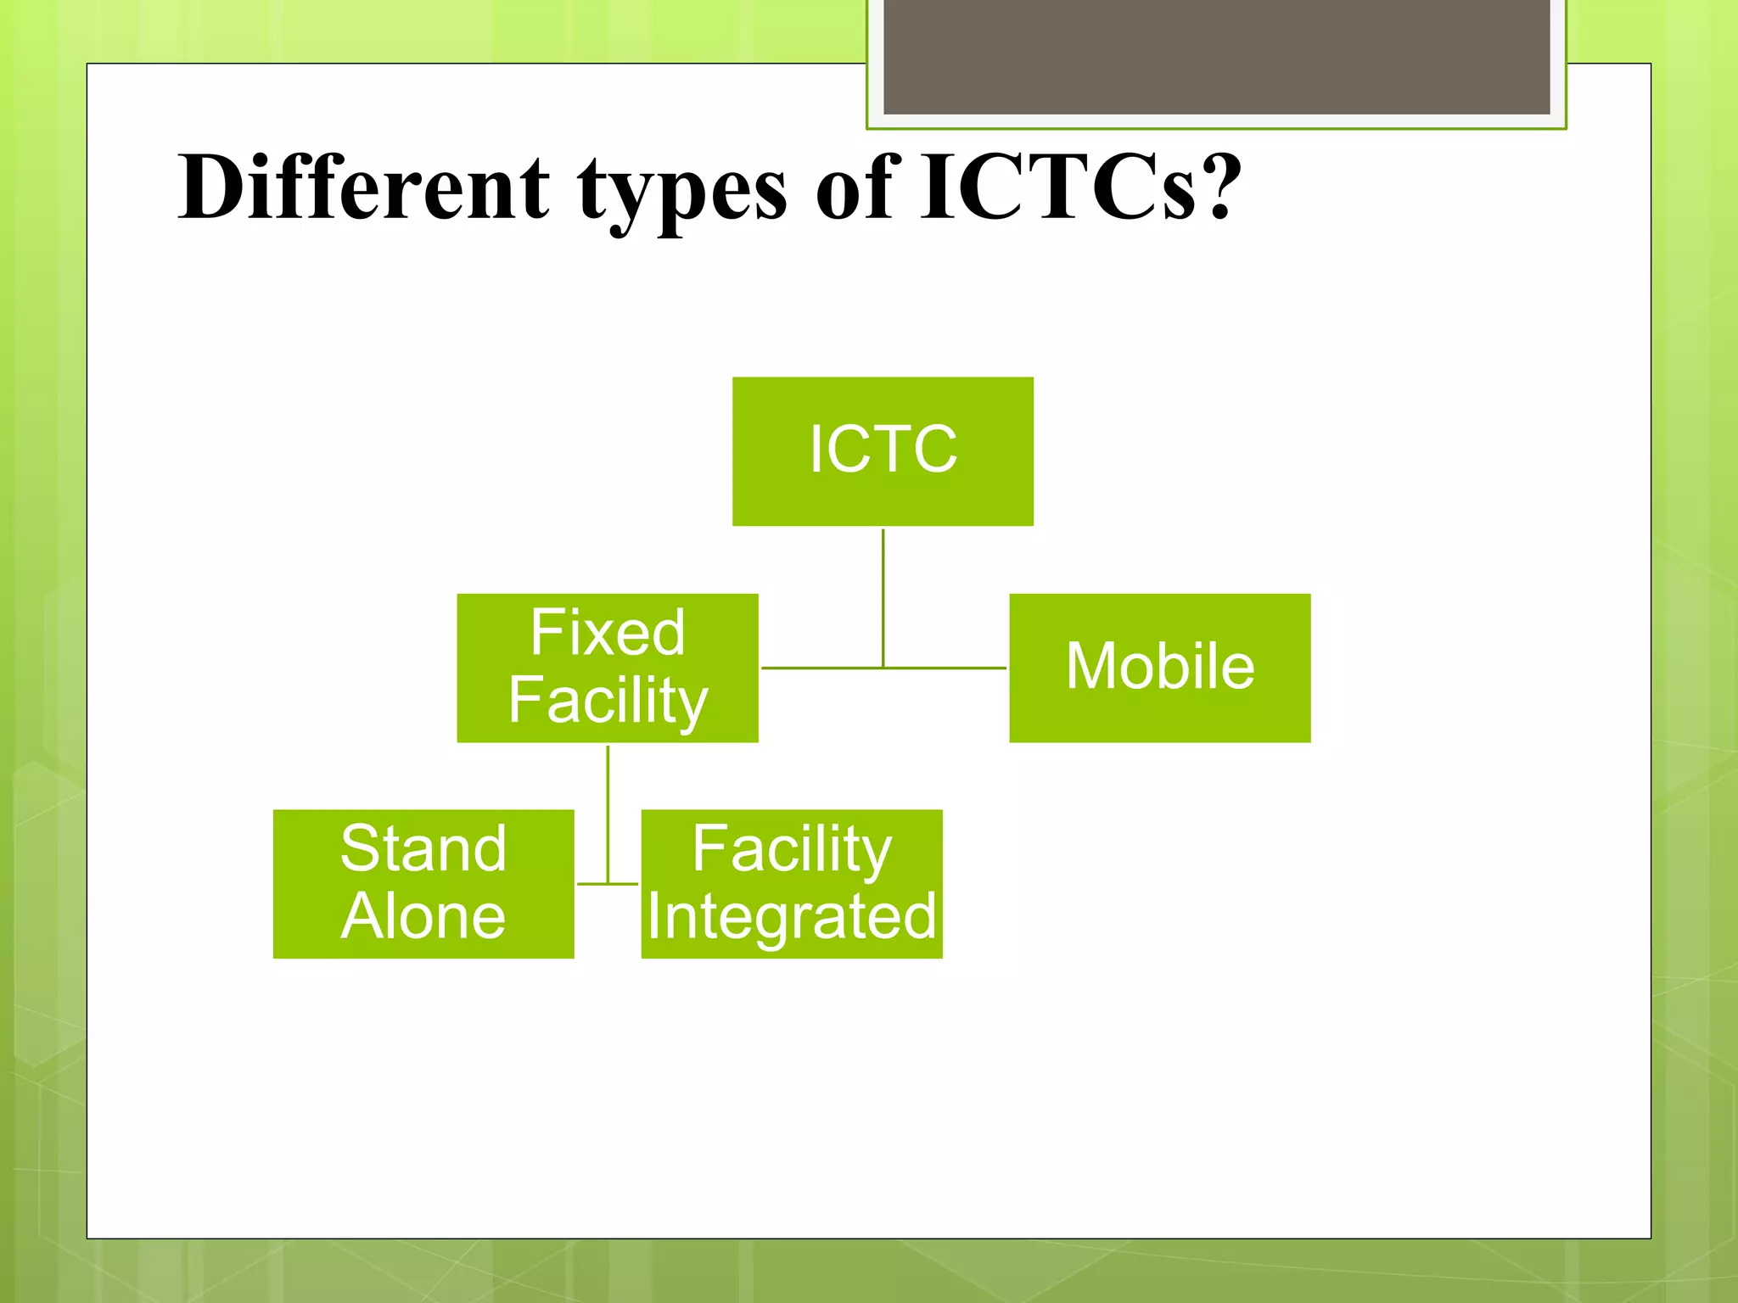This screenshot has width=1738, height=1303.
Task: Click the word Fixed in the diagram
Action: (x=608, y=633)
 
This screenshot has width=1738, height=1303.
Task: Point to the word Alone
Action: (x=423, y=916)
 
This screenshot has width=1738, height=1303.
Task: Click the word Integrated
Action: (x=791, y=917)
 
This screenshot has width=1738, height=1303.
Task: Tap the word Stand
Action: (x=423, y=848)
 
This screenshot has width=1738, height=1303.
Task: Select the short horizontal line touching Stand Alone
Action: (x=591, y=883)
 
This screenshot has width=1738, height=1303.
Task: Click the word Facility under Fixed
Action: (x=608, y=701)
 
